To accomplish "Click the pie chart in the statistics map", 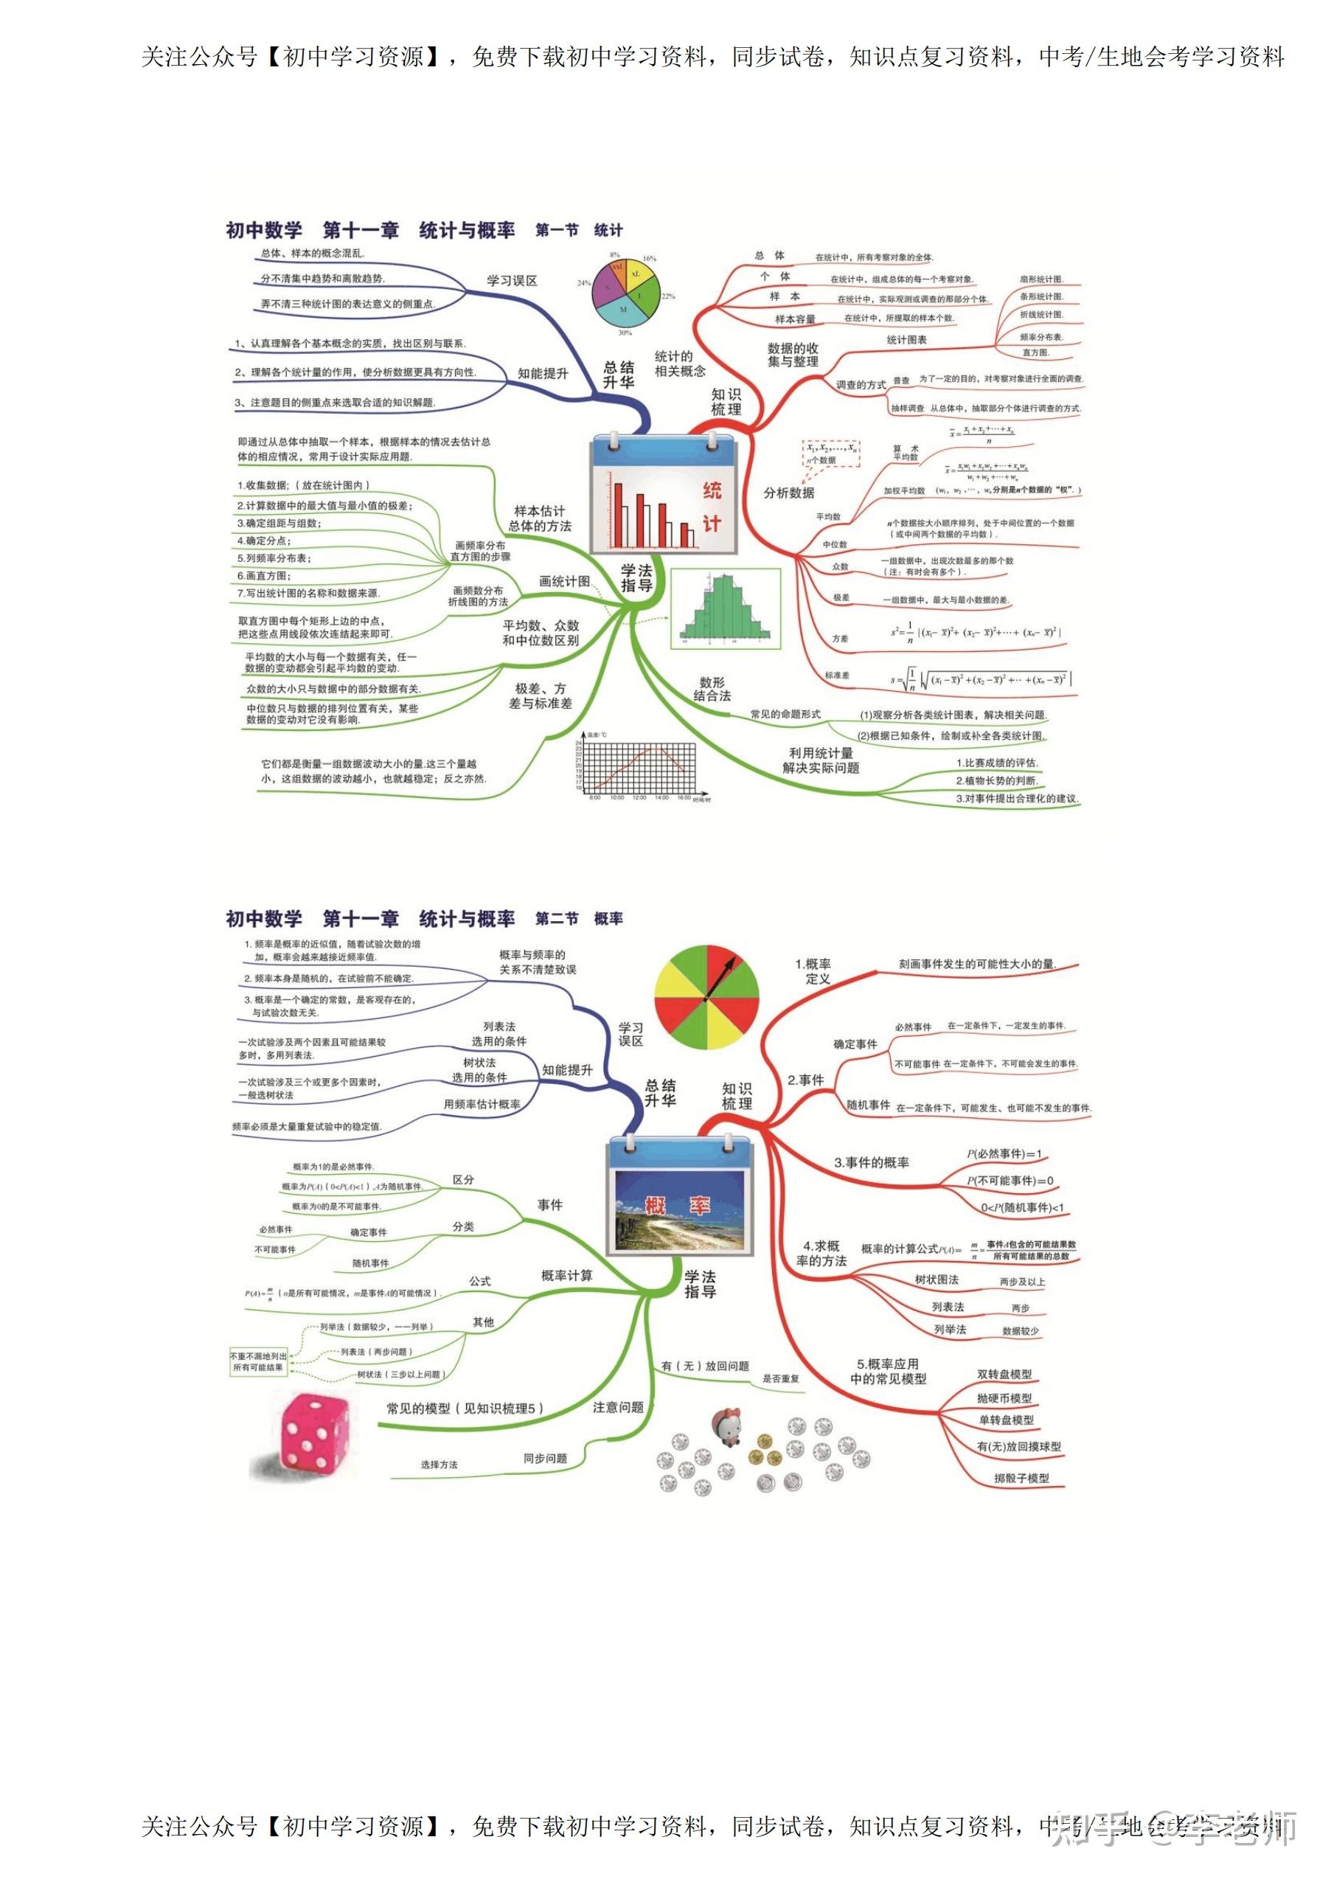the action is (x=625, y=291).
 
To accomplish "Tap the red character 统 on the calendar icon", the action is (x=712, y=490).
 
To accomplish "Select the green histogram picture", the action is (x=725, y=608).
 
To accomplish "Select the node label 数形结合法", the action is (x=712, y=689).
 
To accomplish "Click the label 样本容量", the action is (x=795, y=319).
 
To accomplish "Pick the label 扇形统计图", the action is (x=1041, y=279).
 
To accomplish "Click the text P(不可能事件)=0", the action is (x=1009, y=1181).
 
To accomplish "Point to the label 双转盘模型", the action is (x=1004, y=1374).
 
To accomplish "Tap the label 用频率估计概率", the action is (x=482, y=1104).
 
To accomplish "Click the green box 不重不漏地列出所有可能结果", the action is (x=258, y=1361).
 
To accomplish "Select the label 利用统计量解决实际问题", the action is (x=821, y=760).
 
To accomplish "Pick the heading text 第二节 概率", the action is (x=579, y=919).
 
